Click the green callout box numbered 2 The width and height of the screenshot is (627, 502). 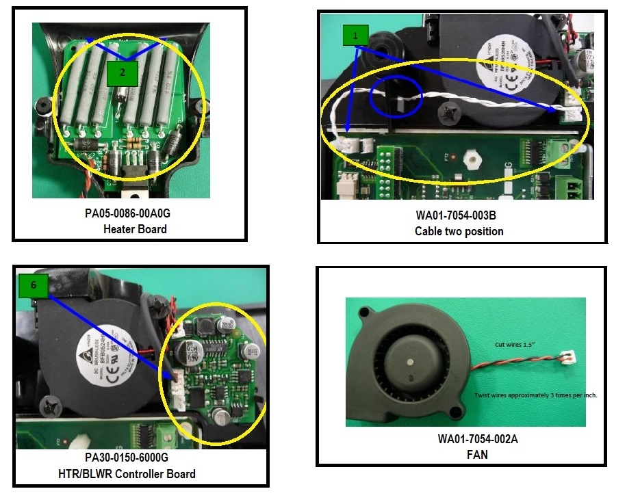121,73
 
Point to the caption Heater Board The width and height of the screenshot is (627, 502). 135,229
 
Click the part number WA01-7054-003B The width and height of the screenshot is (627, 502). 459,216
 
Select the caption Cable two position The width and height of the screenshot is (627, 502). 459,231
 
